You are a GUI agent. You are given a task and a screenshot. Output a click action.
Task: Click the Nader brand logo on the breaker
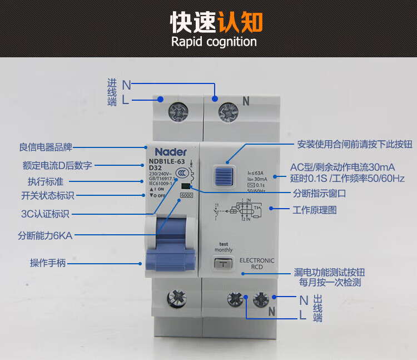(171, 152)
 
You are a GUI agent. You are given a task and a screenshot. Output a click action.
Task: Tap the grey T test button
(223, 264)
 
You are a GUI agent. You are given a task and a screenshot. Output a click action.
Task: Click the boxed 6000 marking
(186, 195)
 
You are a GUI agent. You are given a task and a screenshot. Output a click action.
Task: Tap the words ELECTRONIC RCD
(256, 264)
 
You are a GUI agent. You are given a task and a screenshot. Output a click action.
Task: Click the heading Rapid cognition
(214, 42)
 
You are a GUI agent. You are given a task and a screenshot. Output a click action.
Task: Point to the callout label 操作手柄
(48, 263)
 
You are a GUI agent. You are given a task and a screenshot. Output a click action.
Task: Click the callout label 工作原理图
(315, 210)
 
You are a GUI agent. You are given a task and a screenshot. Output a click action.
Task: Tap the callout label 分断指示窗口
(320, 193)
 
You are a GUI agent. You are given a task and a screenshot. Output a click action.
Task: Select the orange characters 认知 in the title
(240, 21)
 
